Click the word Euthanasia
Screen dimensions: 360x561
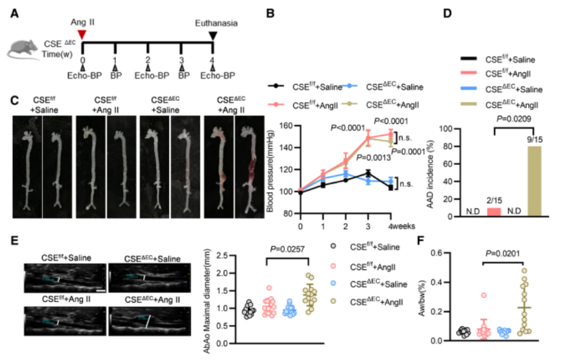pos(217,23)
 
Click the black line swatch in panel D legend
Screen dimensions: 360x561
pos(468,58)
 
